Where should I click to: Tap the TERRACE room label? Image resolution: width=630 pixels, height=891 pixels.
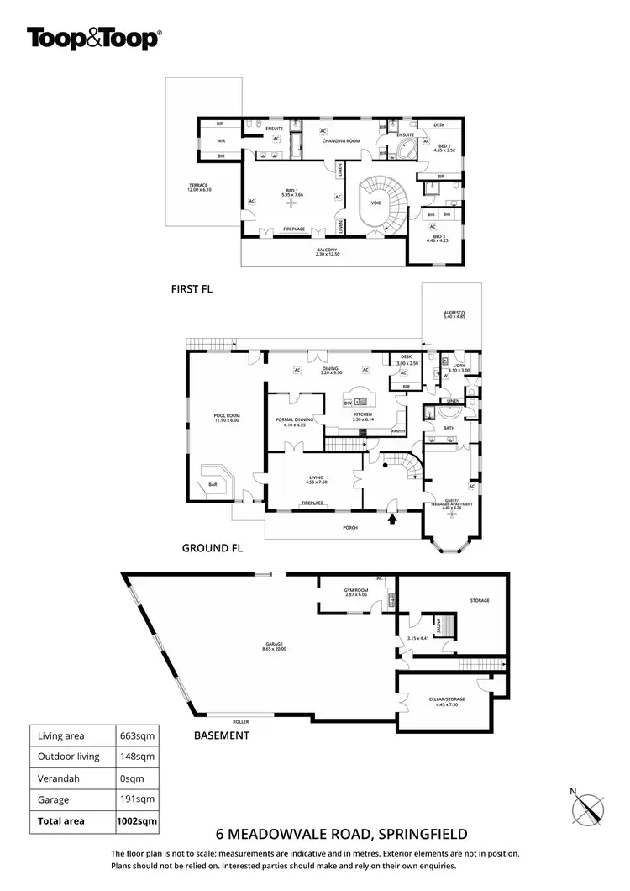coord(198,187)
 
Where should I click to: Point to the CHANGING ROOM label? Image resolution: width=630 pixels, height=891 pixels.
coord(342,140)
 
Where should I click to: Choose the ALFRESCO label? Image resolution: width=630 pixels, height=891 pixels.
coord(454,314)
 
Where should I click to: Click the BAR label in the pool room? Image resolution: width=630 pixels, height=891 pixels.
coord(213,484)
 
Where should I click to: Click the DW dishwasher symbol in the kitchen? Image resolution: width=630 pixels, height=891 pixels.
coord(348,404)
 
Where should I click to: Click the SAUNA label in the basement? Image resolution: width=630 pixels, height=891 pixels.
coord(438,625)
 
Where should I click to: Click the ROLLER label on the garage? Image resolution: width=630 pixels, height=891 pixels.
coord(243,722)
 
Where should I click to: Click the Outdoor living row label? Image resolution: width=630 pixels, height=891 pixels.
coord(69,757)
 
